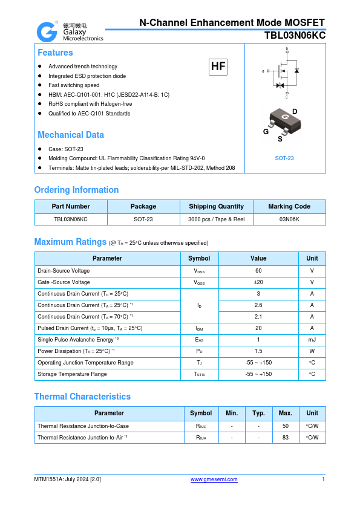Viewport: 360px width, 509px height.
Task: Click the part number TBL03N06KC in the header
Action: pos(295,36)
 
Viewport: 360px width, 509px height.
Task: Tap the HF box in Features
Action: pos(218,67)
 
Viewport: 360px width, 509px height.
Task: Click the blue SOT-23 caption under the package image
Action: pos(284,158)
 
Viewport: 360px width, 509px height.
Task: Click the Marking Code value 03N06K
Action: pos(289,219)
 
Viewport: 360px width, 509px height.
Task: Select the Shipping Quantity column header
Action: pos(216,206)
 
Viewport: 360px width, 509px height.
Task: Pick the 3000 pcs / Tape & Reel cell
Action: pos(216,219)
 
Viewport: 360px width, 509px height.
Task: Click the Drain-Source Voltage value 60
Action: pos(258,271)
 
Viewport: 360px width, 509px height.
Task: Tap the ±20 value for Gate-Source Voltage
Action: pos(258,282)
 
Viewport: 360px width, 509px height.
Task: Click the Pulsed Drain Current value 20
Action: pos(258,328)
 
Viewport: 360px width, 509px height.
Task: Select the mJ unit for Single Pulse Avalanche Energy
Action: pos(312,340)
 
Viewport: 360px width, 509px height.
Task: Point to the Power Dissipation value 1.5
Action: pos(258,351)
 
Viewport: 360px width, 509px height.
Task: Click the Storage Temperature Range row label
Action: pos(72,374)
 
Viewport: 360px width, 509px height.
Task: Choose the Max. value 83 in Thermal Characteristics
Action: pos(286,437)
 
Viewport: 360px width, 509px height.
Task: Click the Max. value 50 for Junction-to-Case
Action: pos(286,426)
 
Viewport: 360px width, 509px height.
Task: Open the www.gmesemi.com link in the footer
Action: pos(214,479)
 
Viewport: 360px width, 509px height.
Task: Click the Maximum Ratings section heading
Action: pos(70,242)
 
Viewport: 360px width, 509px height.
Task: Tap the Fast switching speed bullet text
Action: pos(74,85)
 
